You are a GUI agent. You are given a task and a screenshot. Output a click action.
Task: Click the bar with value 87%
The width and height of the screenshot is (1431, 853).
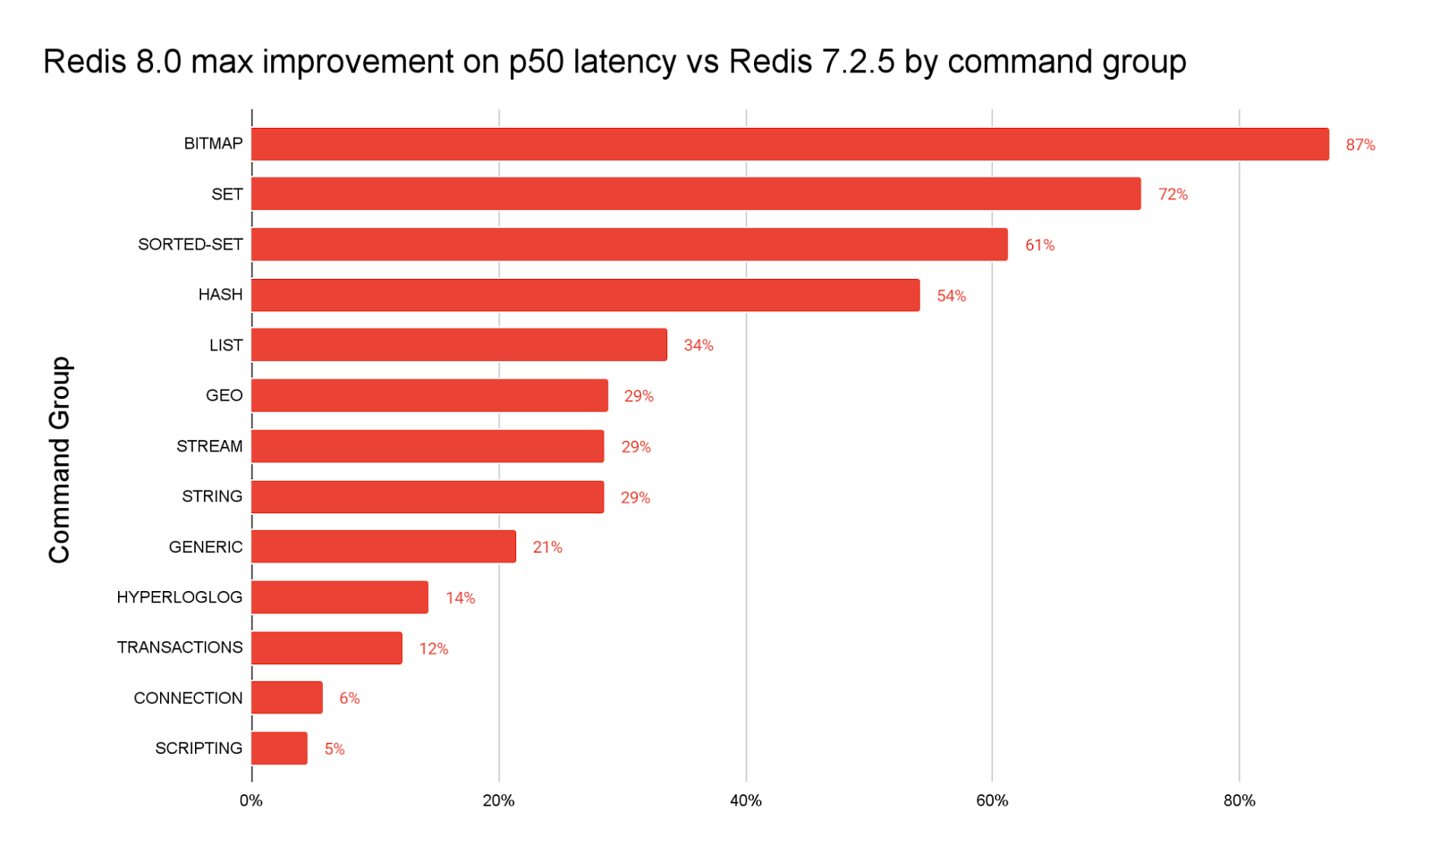click(790, 144)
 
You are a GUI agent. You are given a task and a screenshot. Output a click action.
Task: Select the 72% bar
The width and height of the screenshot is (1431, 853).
click(696, 194)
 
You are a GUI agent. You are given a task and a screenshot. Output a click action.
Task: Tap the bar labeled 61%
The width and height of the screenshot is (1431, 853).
click(629, 244)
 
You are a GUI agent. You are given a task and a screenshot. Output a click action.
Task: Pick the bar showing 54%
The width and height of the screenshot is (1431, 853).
click(585, 295)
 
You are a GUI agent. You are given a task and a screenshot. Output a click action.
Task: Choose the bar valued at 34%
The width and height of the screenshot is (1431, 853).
click(459, 345)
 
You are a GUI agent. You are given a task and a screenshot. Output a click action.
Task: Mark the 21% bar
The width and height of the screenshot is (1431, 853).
click(383, 546)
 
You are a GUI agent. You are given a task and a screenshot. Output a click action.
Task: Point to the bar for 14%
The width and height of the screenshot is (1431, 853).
click(340, 597)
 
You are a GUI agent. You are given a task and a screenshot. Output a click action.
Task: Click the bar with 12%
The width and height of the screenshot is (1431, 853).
click(326, 648)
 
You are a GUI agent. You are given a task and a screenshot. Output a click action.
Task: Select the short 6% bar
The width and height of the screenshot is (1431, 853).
click(286, 697)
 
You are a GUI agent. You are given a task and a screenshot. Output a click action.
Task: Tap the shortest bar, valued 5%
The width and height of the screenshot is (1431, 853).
click(279, 748)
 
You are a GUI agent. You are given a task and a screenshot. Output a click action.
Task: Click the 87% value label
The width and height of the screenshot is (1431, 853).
click(1360, 145)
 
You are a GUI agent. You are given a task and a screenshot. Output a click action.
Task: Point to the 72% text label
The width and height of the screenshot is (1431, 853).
click(1173, 194)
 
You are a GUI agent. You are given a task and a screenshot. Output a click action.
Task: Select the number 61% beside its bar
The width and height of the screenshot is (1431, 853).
click(1039, 245)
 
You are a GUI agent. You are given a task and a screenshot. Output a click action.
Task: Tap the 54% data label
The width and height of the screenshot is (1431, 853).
click(951, 296)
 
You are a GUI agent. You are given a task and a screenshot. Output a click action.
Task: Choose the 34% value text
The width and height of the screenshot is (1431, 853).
click(698, 345)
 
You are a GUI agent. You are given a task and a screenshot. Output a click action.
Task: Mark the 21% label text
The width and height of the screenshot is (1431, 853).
click(547, 547)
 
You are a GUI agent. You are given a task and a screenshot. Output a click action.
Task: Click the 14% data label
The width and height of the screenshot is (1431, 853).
click(460, 598)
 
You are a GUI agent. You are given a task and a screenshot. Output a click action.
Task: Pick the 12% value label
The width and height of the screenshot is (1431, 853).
click(434, 649)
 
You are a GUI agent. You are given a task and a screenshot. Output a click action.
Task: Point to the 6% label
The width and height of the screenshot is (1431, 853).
click(349, 698)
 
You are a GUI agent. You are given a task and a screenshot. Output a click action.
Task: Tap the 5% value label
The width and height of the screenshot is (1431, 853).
click(334, 749)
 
